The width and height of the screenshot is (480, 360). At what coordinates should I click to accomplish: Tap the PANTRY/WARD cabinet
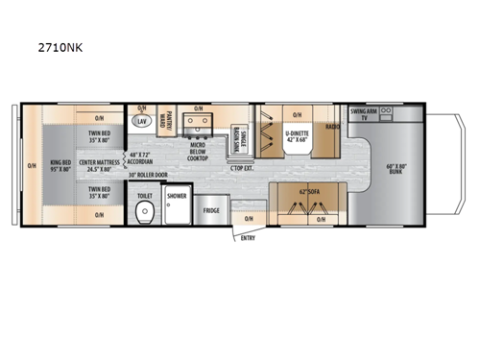167,121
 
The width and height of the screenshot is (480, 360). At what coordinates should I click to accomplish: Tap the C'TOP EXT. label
239,169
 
